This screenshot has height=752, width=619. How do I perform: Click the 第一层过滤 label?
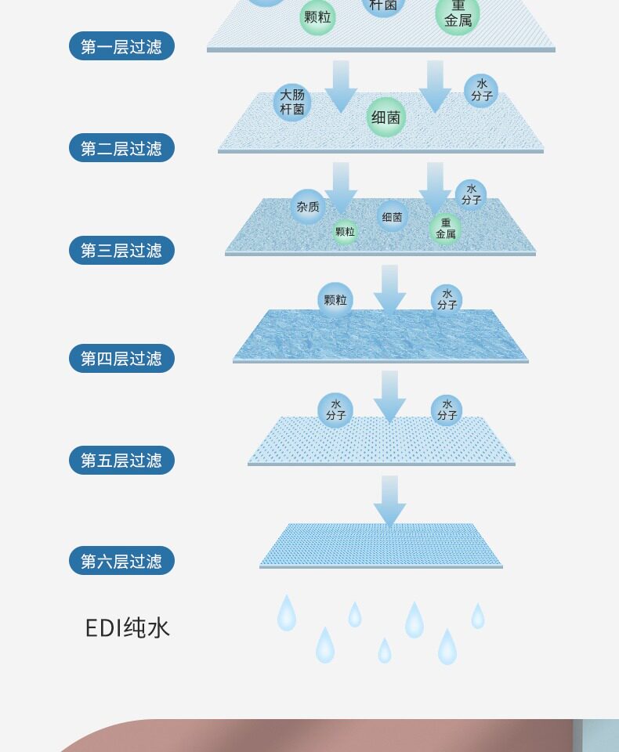[121, 46]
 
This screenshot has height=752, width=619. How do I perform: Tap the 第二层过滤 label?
[121, 148]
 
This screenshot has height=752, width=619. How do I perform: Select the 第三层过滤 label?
[121, 251]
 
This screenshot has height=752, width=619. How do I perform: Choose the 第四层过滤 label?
[121, 359]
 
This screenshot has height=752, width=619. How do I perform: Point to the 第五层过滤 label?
[121, 460]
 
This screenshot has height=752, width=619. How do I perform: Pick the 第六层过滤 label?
[121, 561]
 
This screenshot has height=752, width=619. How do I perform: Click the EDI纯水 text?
[127, 628]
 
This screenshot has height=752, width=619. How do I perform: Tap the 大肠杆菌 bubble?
[292, 103]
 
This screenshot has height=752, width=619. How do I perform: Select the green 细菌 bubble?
[386, 117]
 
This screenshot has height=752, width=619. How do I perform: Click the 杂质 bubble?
[308, 207]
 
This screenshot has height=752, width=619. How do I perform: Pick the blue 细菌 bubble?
[393, 216]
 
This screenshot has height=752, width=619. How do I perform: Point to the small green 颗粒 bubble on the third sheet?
[345, 232]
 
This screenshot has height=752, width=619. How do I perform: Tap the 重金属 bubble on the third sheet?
[445, 228]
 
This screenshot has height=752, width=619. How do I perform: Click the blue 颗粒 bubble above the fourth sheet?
[335, 300]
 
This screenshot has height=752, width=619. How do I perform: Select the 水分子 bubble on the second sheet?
[481, 91]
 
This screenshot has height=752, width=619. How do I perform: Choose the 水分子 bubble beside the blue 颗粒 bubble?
[447, 300]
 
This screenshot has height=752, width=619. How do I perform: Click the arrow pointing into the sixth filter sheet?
[389, 501]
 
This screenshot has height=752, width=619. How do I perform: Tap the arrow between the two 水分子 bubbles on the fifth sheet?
[389, 396]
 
